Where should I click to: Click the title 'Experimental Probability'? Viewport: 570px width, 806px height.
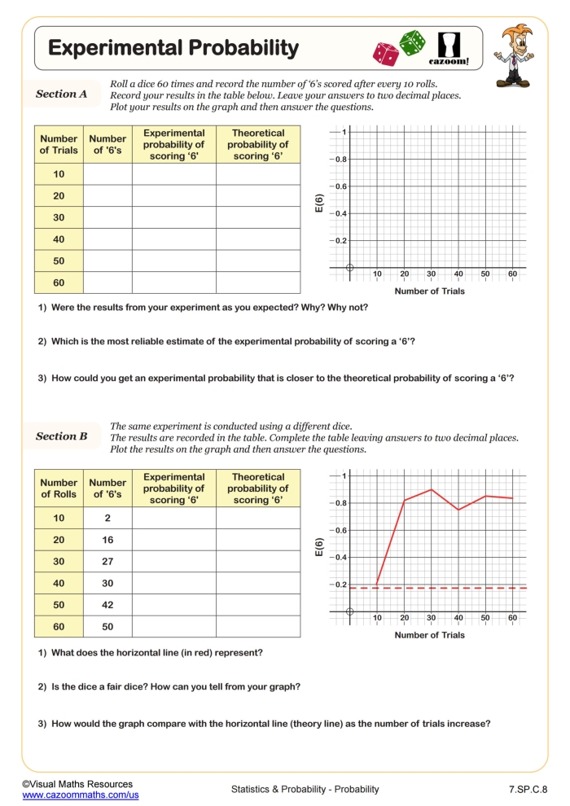point(173,48)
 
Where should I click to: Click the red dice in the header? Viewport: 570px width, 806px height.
point(385,54)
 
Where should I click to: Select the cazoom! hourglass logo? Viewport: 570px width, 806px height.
point(449,48)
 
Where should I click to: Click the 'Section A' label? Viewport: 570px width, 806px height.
point(61,94)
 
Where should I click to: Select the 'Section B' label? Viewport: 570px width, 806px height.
point(61,436)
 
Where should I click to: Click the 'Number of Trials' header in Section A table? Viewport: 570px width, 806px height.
point(59,144)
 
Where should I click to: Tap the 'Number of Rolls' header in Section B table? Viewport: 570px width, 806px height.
point(59,488)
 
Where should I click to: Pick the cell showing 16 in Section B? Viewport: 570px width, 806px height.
point(107,540)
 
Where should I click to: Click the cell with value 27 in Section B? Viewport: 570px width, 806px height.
point(107,562)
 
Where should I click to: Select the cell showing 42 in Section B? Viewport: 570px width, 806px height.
point(107,605)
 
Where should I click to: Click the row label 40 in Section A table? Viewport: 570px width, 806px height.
point(59,239)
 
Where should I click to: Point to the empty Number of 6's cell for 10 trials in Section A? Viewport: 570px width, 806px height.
point(107,174)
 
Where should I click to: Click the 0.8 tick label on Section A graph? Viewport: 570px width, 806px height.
point(342,160)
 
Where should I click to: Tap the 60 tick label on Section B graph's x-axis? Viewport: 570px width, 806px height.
point(512,619)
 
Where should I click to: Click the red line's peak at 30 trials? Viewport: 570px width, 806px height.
point(431,489)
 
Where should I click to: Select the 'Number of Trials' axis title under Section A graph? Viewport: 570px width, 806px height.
point(429,291)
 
